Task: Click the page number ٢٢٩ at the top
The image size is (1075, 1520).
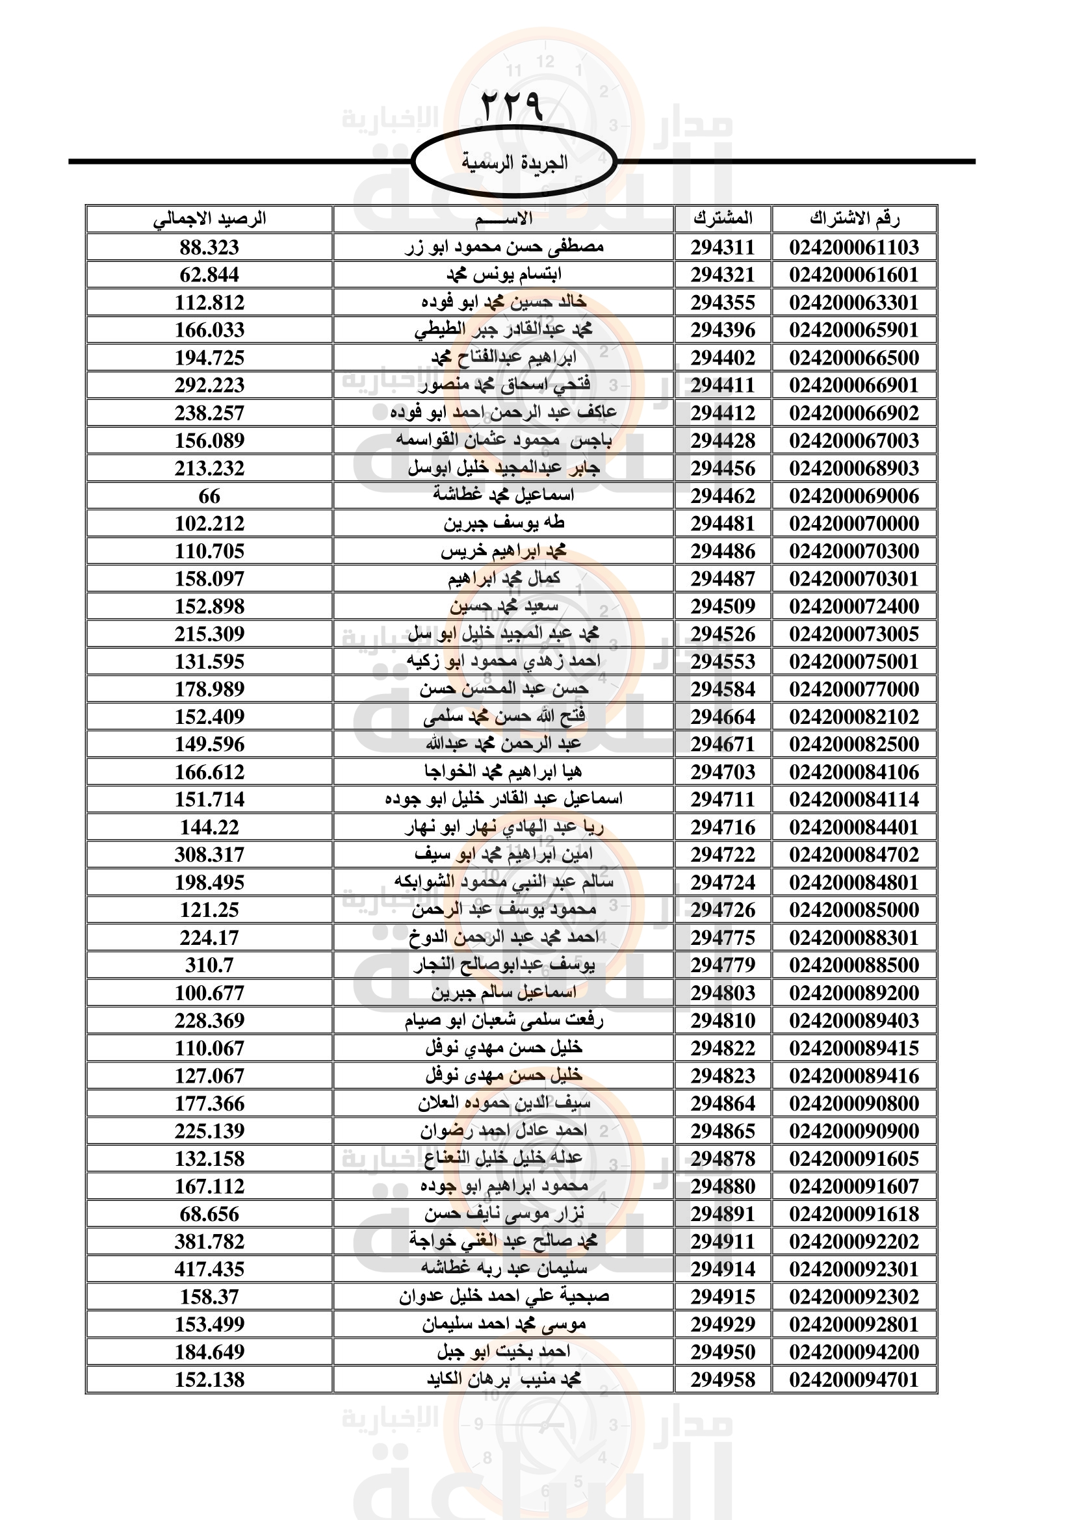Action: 511,106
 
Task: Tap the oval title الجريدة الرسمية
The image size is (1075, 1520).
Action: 514,162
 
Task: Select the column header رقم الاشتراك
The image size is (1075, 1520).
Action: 854,218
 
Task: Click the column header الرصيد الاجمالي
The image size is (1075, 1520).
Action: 209,218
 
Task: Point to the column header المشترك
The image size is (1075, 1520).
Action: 723,218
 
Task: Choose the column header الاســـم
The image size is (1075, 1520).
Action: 503,218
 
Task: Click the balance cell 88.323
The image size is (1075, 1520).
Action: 209,247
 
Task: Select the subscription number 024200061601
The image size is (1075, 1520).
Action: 854,275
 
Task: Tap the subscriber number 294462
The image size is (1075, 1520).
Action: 723,496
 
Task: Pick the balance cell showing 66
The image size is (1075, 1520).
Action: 209,496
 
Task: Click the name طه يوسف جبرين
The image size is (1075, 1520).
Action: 504,523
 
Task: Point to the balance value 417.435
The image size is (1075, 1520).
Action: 209,1269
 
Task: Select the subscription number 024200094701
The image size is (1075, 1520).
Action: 854,1380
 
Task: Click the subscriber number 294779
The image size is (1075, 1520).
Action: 723,965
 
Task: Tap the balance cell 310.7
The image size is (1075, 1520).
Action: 209,965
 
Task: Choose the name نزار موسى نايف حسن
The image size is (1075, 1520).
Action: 504,1213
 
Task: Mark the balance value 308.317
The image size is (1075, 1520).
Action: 209,855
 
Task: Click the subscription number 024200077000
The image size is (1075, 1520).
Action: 854,689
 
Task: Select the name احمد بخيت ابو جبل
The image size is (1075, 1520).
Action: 504,1352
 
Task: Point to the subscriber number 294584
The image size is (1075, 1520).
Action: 723,689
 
